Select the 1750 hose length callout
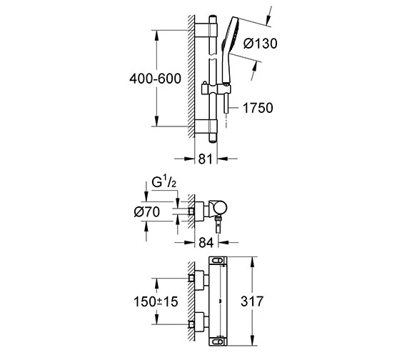tap(259, 108)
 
